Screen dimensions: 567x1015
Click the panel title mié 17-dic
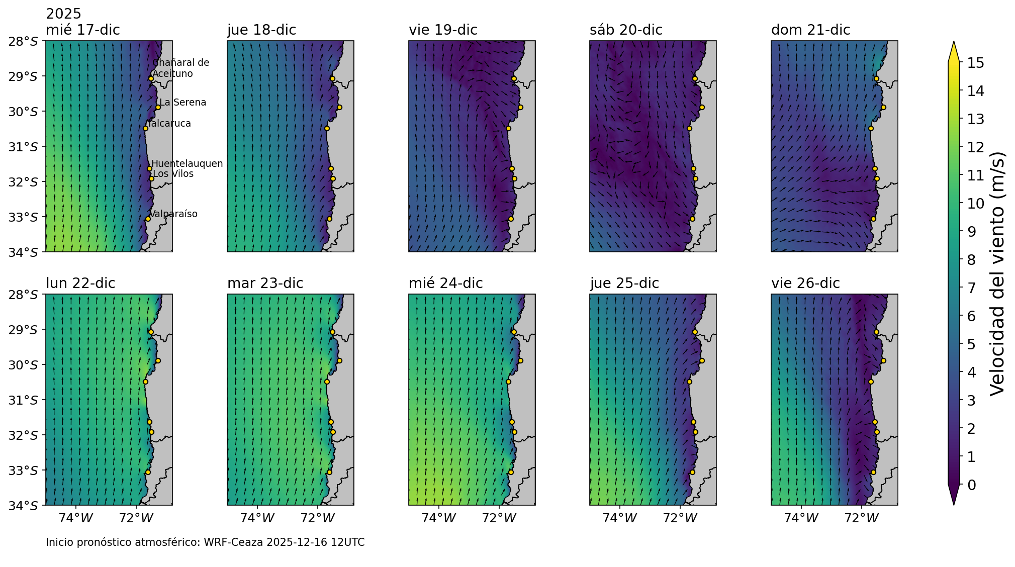click(x=83, y=30)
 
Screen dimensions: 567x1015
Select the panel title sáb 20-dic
click(x=626, y=30)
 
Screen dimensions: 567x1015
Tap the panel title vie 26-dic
click(x=805, y=283)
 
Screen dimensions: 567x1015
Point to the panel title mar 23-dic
click(x=265, y=283)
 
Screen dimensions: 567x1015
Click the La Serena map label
click(x=182, y=103)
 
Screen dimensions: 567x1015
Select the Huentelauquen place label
click(x=187, y=164)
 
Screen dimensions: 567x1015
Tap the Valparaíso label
click(x=173, y=214)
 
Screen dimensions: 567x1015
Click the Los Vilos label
click(x=173, y=174)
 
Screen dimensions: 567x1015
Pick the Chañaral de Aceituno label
click(x=180, y=68)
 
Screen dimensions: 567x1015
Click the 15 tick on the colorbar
click(x=972, y=63)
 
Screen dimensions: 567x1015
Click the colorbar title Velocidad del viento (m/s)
click(x=997, y=274)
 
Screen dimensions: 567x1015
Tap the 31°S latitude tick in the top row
click(x=23, y=147)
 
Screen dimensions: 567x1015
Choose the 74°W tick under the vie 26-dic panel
click(x=801, y=518)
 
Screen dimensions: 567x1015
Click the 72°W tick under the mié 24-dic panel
click(x=499, y=518)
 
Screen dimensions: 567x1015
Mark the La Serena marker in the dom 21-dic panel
click(x=883, y=107)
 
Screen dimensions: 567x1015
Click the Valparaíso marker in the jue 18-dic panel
click(x=329, y=219)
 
